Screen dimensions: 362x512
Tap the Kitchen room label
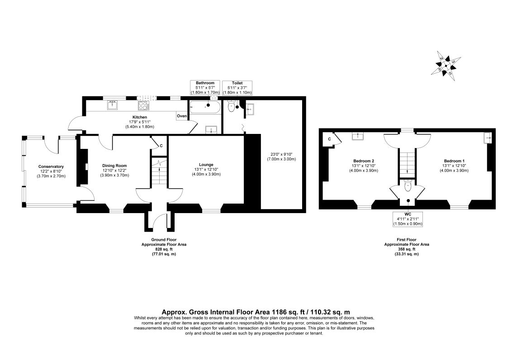coord(133,117)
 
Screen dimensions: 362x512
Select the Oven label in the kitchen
coord(182,116)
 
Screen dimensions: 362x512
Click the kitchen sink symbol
coord(112,105)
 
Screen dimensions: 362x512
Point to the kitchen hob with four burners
coord(143,105)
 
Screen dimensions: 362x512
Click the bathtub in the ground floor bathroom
coord(205,107)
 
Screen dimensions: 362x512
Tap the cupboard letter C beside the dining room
coord(161,146)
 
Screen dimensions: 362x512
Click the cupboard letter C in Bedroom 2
coord(330,139)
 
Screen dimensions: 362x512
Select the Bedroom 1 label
coord(454,161)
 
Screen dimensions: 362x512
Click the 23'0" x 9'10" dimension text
coord(280,155)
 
